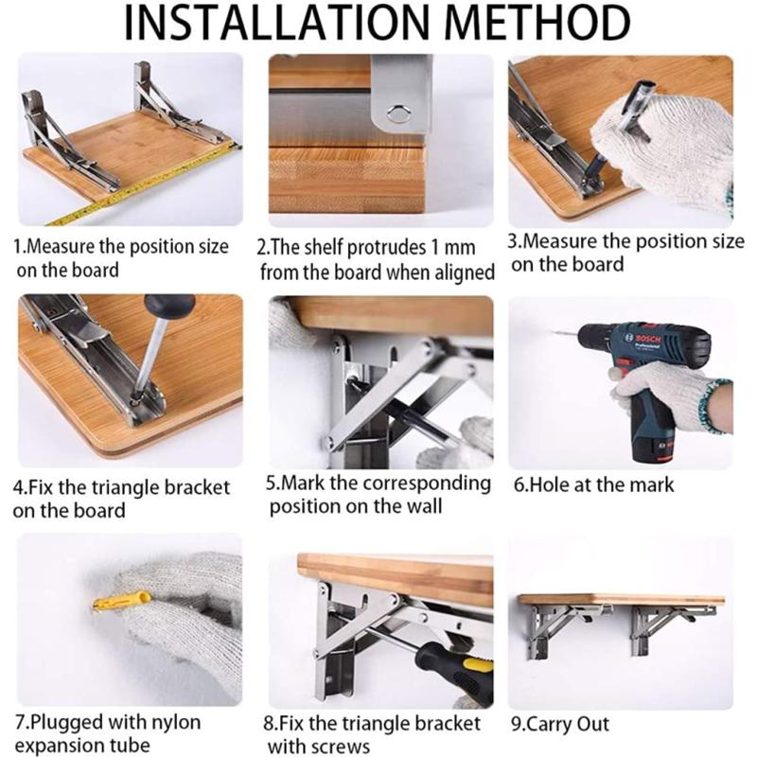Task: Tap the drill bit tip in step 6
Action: click(x=555, y=334)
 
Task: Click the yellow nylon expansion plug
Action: click(x=123, y=601)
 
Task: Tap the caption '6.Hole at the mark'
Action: click(x=593, y=484)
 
